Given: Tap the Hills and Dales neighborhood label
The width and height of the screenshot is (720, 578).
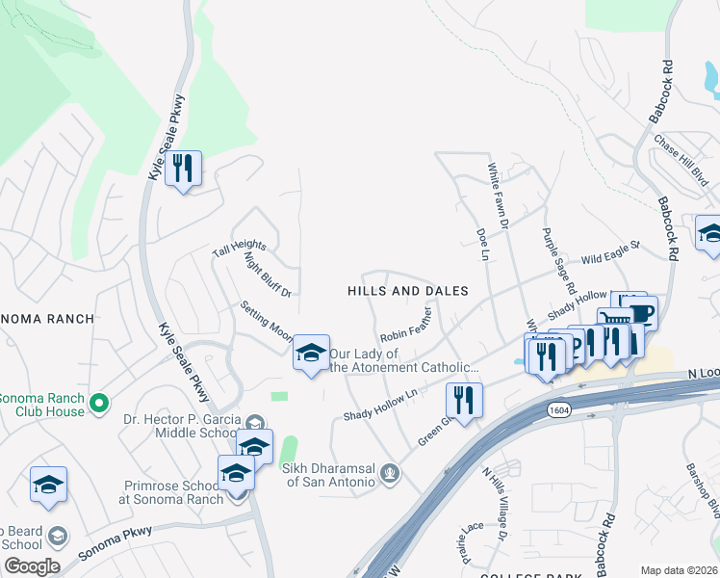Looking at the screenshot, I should pyautogui.click(x=407, y=290).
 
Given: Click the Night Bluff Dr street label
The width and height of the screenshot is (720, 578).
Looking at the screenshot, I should pyautogui.click(x=268, y=273).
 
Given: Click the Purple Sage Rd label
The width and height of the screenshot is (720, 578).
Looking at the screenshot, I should pyautogui.click(x=559, y=260).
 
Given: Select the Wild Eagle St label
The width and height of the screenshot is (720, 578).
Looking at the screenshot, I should pyautogui.click(x=610, y=253).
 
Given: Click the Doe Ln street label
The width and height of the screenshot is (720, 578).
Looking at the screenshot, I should pyautogui.click(x=483, y=243).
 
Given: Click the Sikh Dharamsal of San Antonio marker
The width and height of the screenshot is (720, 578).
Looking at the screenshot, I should pyautogui.click(x=390, y=473).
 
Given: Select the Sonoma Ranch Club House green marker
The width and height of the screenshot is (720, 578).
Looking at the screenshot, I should pyautogui.click(x=97, y=402).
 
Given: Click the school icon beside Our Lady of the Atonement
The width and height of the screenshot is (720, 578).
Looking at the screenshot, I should pyautogui.click(x=311, y=354).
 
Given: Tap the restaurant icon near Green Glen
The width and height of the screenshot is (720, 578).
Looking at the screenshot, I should pyautogui.click(x=464, y=400).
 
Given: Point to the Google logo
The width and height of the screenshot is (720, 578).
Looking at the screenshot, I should pyautogui.click(x=32, y=566).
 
